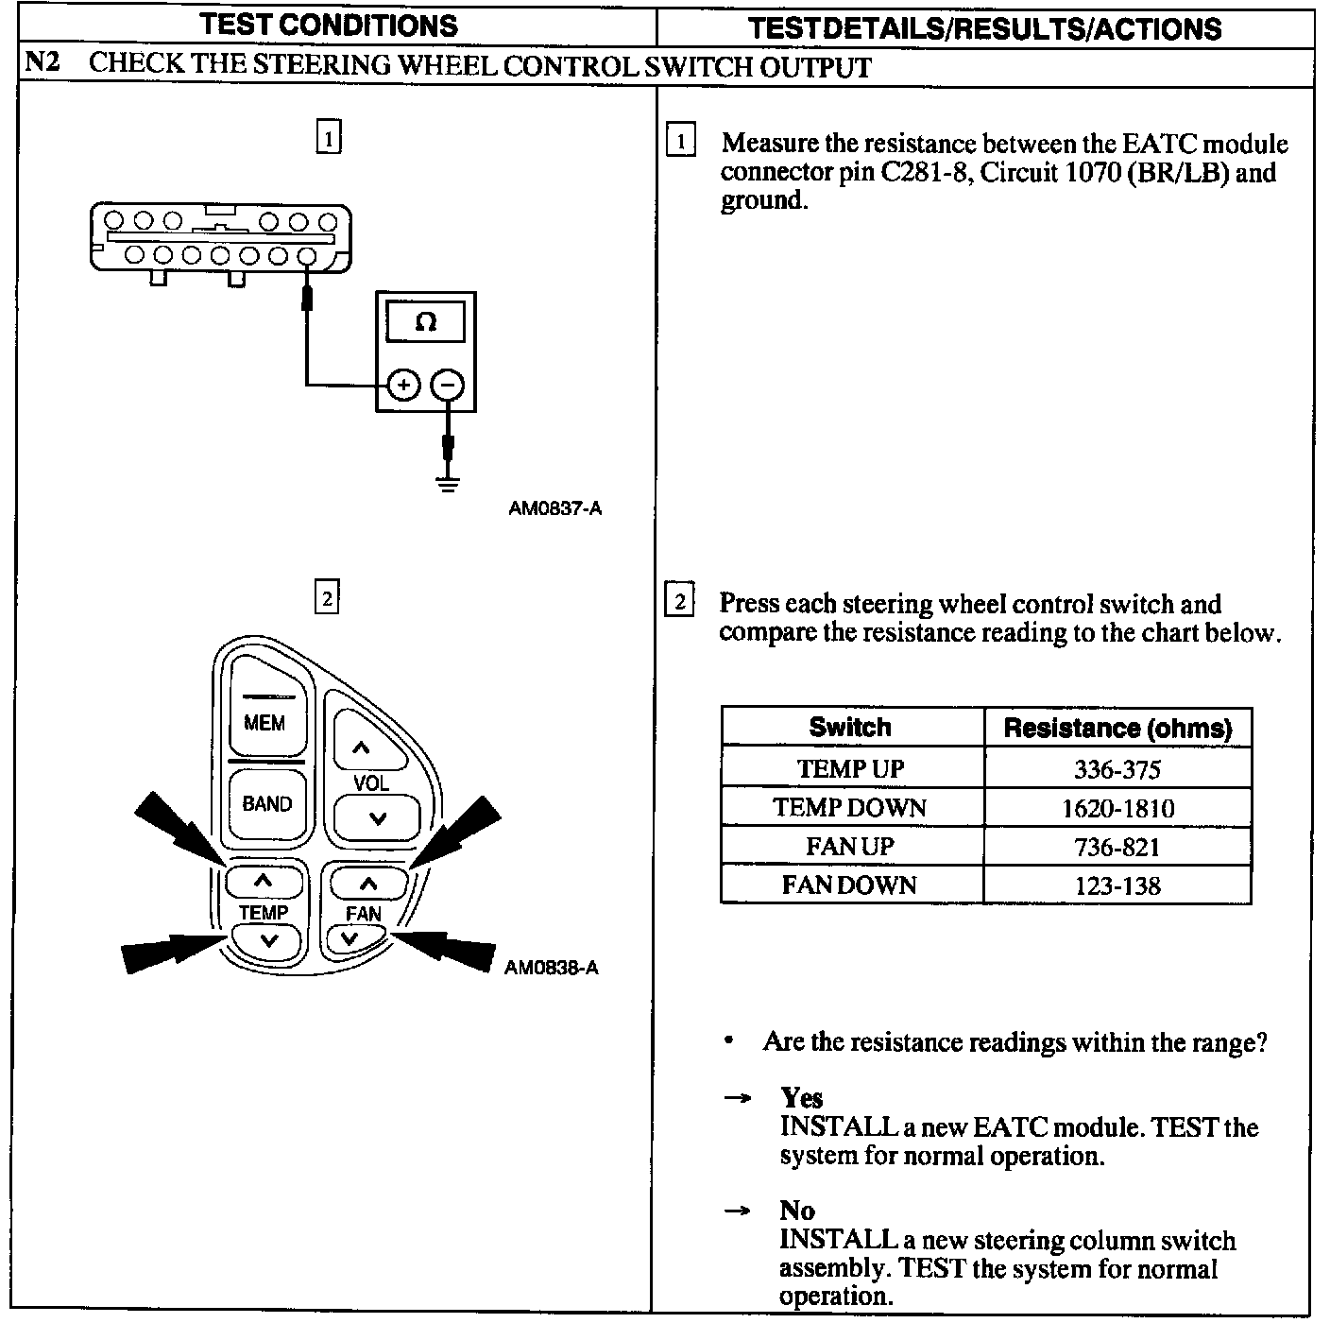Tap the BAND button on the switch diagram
[266, 803]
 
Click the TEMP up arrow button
[264, 882]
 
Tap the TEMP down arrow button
[267, 940]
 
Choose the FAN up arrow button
[367, 884]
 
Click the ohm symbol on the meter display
[426, 322]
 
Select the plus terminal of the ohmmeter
[403, 385]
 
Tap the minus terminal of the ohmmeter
[448, 385]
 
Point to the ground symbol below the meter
[448, 485]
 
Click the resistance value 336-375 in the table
[1117, 769]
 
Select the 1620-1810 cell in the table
[1117, 809]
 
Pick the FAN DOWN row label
[849, 885]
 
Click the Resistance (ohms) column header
[1117, 728]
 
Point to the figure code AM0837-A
[555, 508]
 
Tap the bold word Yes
[801, 1097]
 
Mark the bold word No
[796, 1211]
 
